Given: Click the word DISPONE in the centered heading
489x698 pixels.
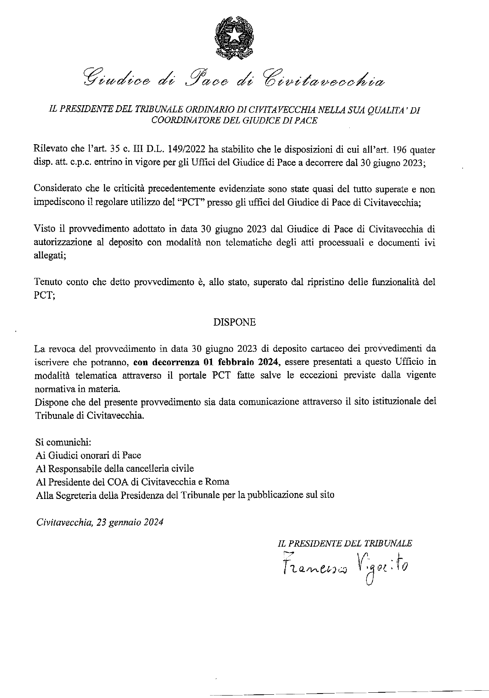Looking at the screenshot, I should [235, 323].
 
